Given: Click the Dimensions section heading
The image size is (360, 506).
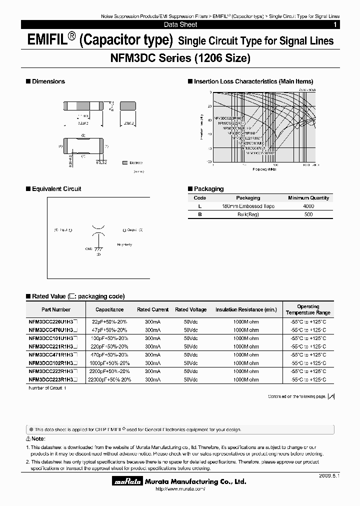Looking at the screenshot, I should click(x=48, y=81).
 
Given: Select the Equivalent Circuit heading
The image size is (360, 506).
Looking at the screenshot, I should click(x=56, y=189).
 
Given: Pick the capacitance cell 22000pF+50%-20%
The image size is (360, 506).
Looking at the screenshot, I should click(x=109, y=380).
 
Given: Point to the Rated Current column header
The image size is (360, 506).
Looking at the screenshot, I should click(x=153, y=310).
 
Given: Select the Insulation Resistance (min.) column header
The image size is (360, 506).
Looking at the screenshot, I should click(x=246, y=310).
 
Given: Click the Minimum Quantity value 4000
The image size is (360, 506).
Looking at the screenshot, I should click(x=308, y=206).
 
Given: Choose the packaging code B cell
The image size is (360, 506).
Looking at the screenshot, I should click(x=200, y=214).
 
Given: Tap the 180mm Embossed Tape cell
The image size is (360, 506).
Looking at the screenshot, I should click(x=248, y=206).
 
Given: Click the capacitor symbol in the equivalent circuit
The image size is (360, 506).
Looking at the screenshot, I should click(x=98, y=230).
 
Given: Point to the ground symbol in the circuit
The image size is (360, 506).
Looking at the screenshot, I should click(x=98, y=248).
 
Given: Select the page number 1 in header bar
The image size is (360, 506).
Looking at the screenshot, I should click(x=334, y=24).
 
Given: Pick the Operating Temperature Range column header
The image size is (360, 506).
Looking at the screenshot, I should click(x=308, y=309).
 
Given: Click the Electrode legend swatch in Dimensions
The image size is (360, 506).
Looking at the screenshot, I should click(x=124, y=162).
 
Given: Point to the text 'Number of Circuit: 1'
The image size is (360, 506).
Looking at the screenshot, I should click(x=47, y=388).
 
